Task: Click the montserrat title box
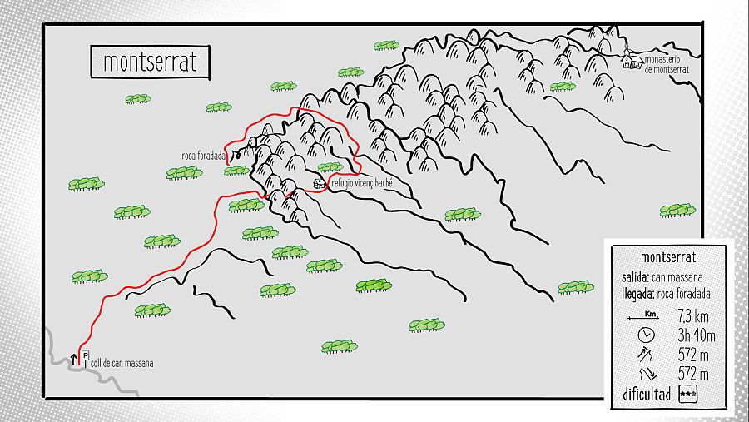(x=150, y=62)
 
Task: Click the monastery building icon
(x=632, y=60)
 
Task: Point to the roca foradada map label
(x=204, y=156)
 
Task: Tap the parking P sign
(x=85, y=356)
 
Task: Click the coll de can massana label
(x=122, y=364)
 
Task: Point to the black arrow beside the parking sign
(x=73, y=360)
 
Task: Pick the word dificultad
(x=646, y=395)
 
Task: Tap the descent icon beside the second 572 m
(x=645, y=375)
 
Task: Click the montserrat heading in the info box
(x=669, y=257)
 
